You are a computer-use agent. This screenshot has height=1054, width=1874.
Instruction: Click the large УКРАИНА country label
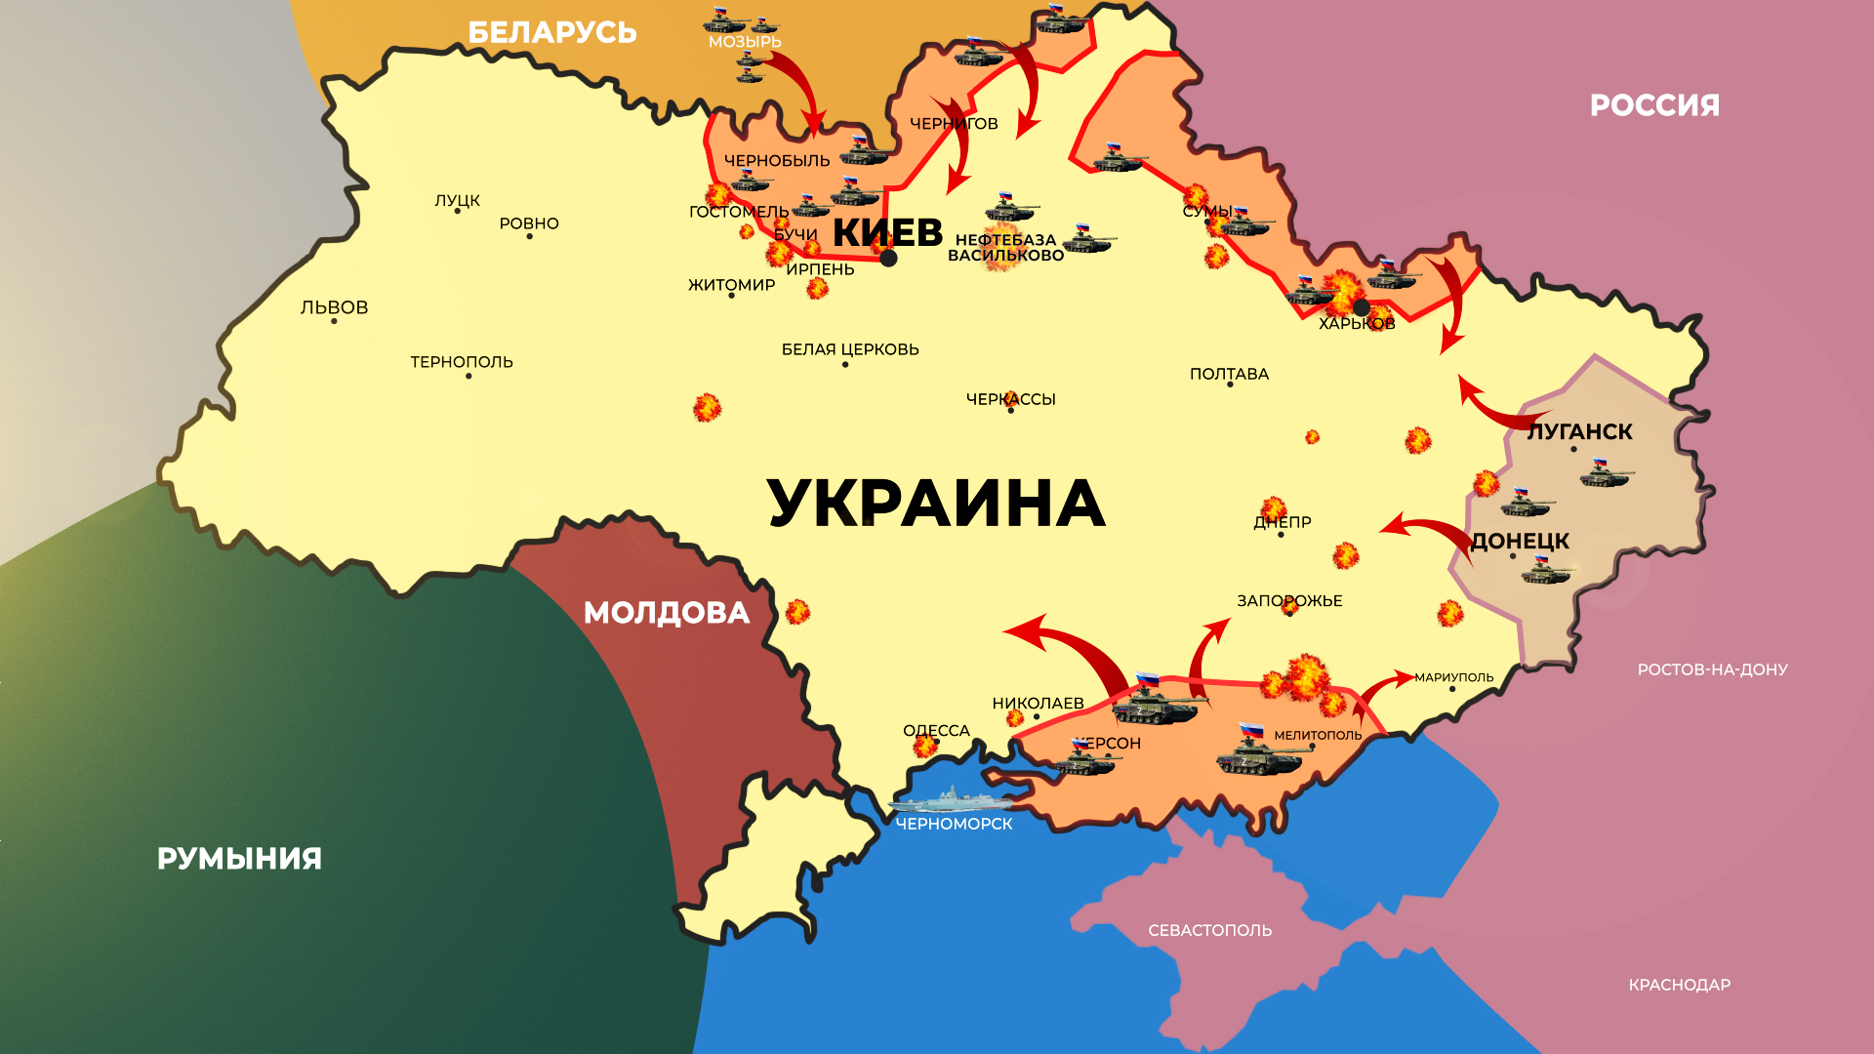pyautogui.click(x=936, y=504)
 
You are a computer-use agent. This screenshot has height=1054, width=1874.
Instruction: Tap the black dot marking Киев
pyautogui.click(x=888, y=259)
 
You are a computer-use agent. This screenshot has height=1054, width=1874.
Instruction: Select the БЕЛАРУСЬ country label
pyautogui.click(x=552, y=33)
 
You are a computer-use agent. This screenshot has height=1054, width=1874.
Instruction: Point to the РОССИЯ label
pyautogui.click(x=1654, y=105)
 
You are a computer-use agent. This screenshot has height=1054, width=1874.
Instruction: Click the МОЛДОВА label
pyautogui.click(x=667, y=613)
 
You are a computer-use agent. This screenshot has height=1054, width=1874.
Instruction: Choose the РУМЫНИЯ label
pyautogui.click(x=239, y=859)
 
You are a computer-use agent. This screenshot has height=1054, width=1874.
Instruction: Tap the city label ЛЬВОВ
pyautogui.click(x=334, y=307)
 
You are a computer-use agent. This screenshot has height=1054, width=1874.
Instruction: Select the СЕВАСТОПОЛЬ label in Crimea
pyautogui.click(x=1209, y=931)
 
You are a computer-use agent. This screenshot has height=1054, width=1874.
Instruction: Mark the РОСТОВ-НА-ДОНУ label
pyautogui.click(x=1712, y=669)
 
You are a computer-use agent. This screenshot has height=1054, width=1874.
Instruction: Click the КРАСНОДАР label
pyautogui.click(x=1679, y=986)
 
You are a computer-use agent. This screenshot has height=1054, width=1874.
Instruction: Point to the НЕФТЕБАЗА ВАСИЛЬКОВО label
pyautogui.click(x=1005, y=248)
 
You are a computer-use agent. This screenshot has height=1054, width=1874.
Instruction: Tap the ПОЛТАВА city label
pyautogui.click(x=1229, y=374)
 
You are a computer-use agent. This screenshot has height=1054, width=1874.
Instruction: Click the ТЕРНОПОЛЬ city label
pyautogui.click(x=462, y=362)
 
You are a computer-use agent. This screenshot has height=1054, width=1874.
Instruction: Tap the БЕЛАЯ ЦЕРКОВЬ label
pyautogui.click(x=850, y=349)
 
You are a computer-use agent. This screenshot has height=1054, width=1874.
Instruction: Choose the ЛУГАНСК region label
pyautogui.click(x=1579, y=431)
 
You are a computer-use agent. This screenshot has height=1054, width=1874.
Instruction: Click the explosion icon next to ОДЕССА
pyautogui.click(x=923, y=748)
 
